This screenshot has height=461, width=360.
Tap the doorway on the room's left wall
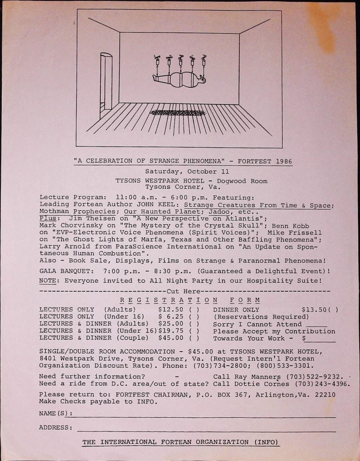106,85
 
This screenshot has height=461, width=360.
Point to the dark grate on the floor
178,112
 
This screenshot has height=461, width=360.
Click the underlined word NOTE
48,280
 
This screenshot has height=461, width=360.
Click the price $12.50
171,310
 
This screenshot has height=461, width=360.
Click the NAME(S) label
55,413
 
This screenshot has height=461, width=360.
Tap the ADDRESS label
56,427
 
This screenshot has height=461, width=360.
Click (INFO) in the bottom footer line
266,442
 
